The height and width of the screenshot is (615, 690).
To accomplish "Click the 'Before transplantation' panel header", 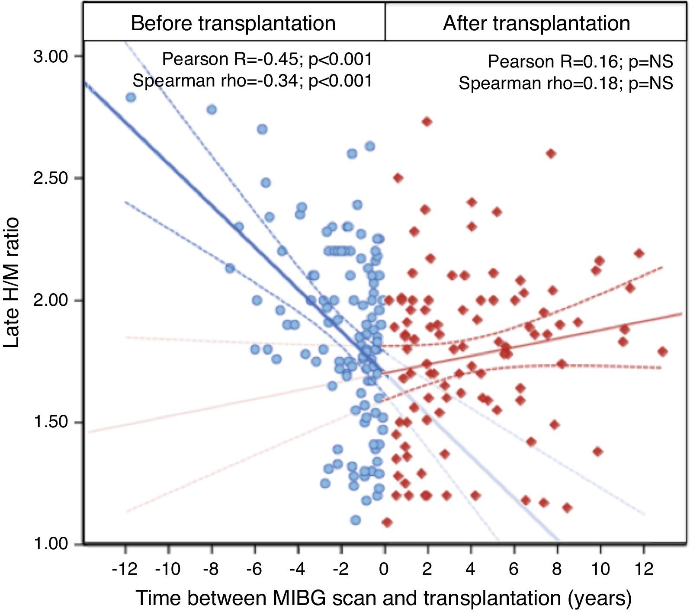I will pos(233,23).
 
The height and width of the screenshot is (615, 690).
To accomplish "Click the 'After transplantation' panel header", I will pos(536,23).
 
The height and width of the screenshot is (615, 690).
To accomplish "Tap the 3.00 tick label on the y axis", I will pos(51,57).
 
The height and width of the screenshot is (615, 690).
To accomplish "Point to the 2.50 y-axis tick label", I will pos(51,178).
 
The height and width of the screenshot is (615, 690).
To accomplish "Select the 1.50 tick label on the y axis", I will pos(51,422).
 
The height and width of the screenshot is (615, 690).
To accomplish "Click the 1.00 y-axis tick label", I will pos(51,544).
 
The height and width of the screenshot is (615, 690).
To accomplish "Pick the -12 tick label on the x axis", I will pos(125,569).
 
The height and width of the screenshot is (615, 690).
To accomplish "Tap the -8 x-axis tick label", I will pos(211,569).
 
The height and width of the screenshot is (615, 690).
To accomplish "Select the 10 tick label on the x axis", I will pos(600,569).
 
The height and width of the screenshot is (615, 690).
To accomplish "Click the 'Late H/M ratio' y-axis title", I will pos(12,283).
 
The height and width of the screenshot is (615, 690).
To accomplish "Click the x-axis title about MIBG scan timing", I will pos(384,598).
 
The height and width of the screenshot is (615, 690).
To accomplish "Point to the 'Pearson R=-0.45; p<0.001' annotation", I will pos(267,59).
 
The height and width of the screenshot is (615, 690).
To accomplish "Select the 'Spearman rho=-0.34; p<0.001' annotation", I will pos(252,80).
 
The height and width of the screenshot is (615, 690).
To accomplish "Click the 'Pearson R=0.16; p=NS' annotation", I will pos(580,62).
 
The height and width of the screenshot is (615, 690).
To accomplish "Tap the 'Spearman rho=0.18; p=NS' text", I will pos(566,83).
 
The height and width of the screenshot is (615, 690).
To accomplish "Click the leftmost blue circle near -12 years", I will pos(131,98).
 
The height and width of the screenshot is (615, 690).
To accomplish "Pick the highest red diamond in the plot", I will pos(427,122).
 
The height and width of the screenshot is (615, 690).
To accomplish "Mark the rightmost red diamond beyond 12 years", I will pos(662,352).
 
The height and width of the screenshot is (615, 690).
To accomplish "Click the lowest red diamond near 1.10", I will pos(387,522).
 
